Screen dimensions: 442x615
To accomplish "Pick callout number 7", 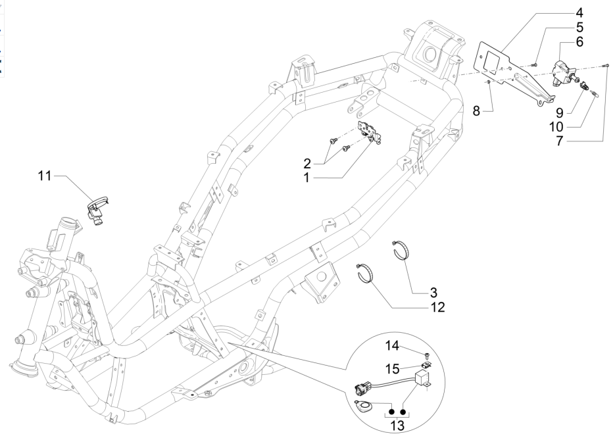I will pyautogui.click(x=578, y=140).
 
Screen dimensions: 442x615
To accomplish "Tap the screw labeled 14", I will pyautogui.click(x=426, y=356).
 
